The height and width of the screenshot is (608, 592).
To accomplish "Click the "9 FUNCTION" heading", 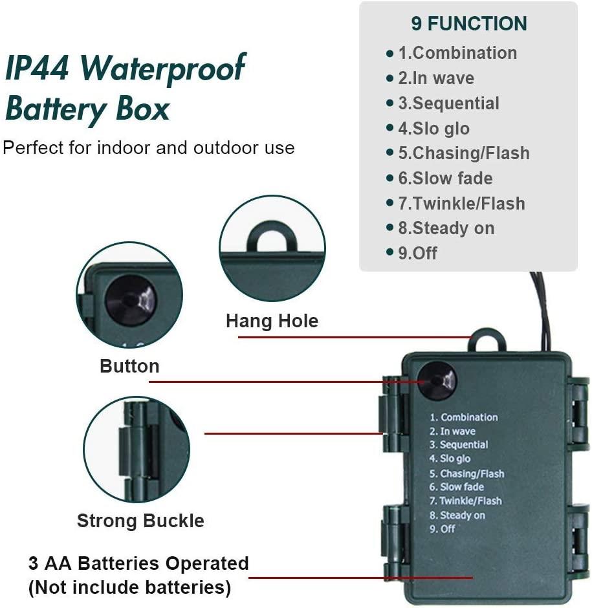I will pyautogui.click(x=468, y=24).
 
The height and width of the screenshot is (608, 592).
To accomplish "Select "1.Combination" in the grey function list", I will pyautogui.click(x=457, y=53).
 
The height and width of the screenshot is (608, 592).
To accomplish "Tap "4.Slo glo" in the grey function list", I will pyautogui.click(x=433, y=129).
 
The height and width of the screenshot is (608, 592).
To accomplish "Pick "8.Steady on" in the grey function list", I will pyautogui.click(x=446, y=228).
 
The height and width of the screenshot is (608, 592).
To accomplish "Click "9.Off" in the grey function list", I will pyautogui.click(x=417, y=253).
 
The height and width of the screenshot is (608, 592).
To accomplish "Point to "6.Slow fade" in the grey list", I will pyautogui.click(x=445, y=179).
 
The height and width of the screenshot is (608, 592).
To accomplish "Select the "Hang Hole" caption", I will pyautogui.click(x=272, y=321).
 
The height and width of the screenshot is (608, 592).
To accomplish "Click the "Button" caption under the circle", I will pyautogui.click(x=129, y=366).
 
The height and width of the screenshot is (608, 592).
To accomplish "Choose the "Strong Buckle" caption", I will pyautogui.click(x=140, y=521).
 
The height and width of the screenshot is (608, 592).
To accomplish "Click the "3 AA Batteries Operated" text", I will pyautogui.click(x=138, y=563).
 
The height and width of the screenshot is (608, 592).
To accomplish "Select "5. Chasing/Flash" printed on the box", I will pyautogui.click(x=466, y=473).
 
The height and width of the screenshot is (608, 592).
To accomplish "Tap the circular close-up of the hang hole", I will pyautogui.click(x=272, y=248).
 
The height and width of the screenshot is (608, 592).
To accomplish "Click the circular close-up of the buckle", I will pyautogui.click(x=137, y=449).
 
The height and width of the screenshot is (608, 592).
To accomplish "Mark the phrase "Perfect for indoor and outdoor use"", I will pyautogui.click(x=149, y=147).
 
